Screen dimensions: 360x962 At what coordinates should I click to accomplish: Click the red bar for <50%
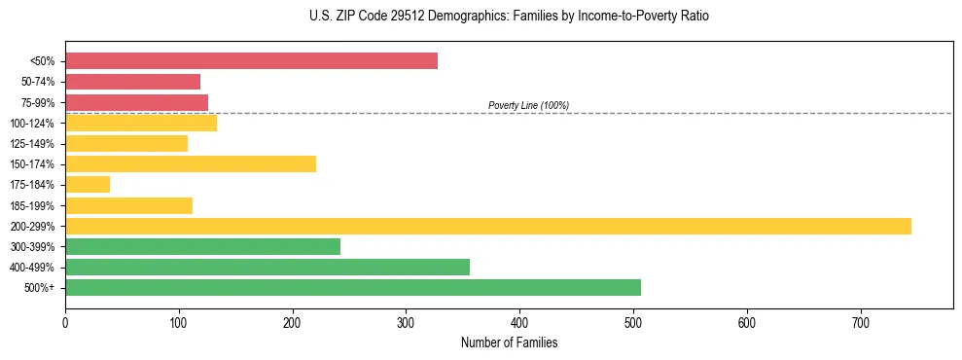click(x=251, y=61)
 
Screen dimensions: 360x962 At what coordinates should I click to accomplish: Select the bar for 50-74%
click(x=132, y=82)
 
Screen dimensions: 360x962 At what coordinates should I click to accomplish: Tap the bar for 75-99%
click(x=136, y=102)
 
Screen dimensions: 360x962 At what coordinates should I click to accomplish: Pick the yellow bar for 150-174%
click(x=191, y=163)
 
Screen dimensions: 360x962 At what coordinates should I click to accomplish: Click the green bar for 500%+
click(x=353, y=287)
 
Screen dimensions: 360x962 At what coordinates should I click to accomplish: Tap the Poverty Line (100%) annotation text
click(x=528, y=105)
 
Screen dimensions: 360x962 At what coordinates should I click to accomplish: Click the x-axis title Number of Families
click(x=509, y=342)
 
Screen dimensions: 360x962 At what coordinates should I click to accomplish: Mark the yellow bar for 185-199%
click(x=128, y=205)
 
